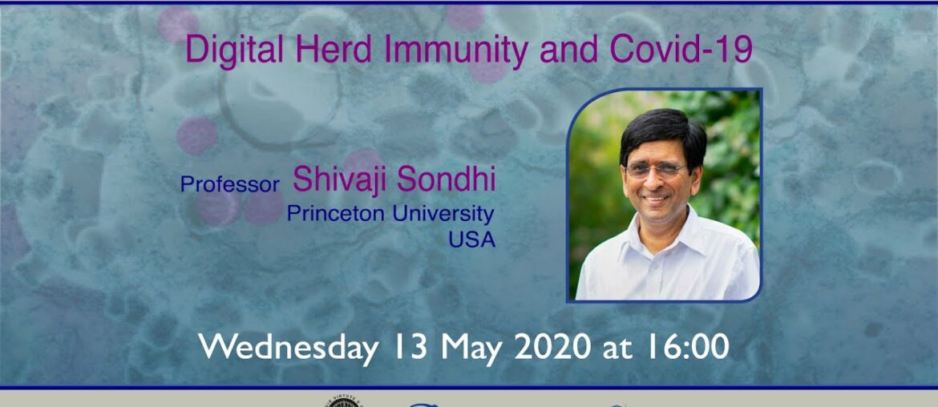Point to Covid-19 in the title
(681, 50)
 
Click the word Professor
(229, 184)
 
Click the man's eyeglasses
(655, 170)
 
